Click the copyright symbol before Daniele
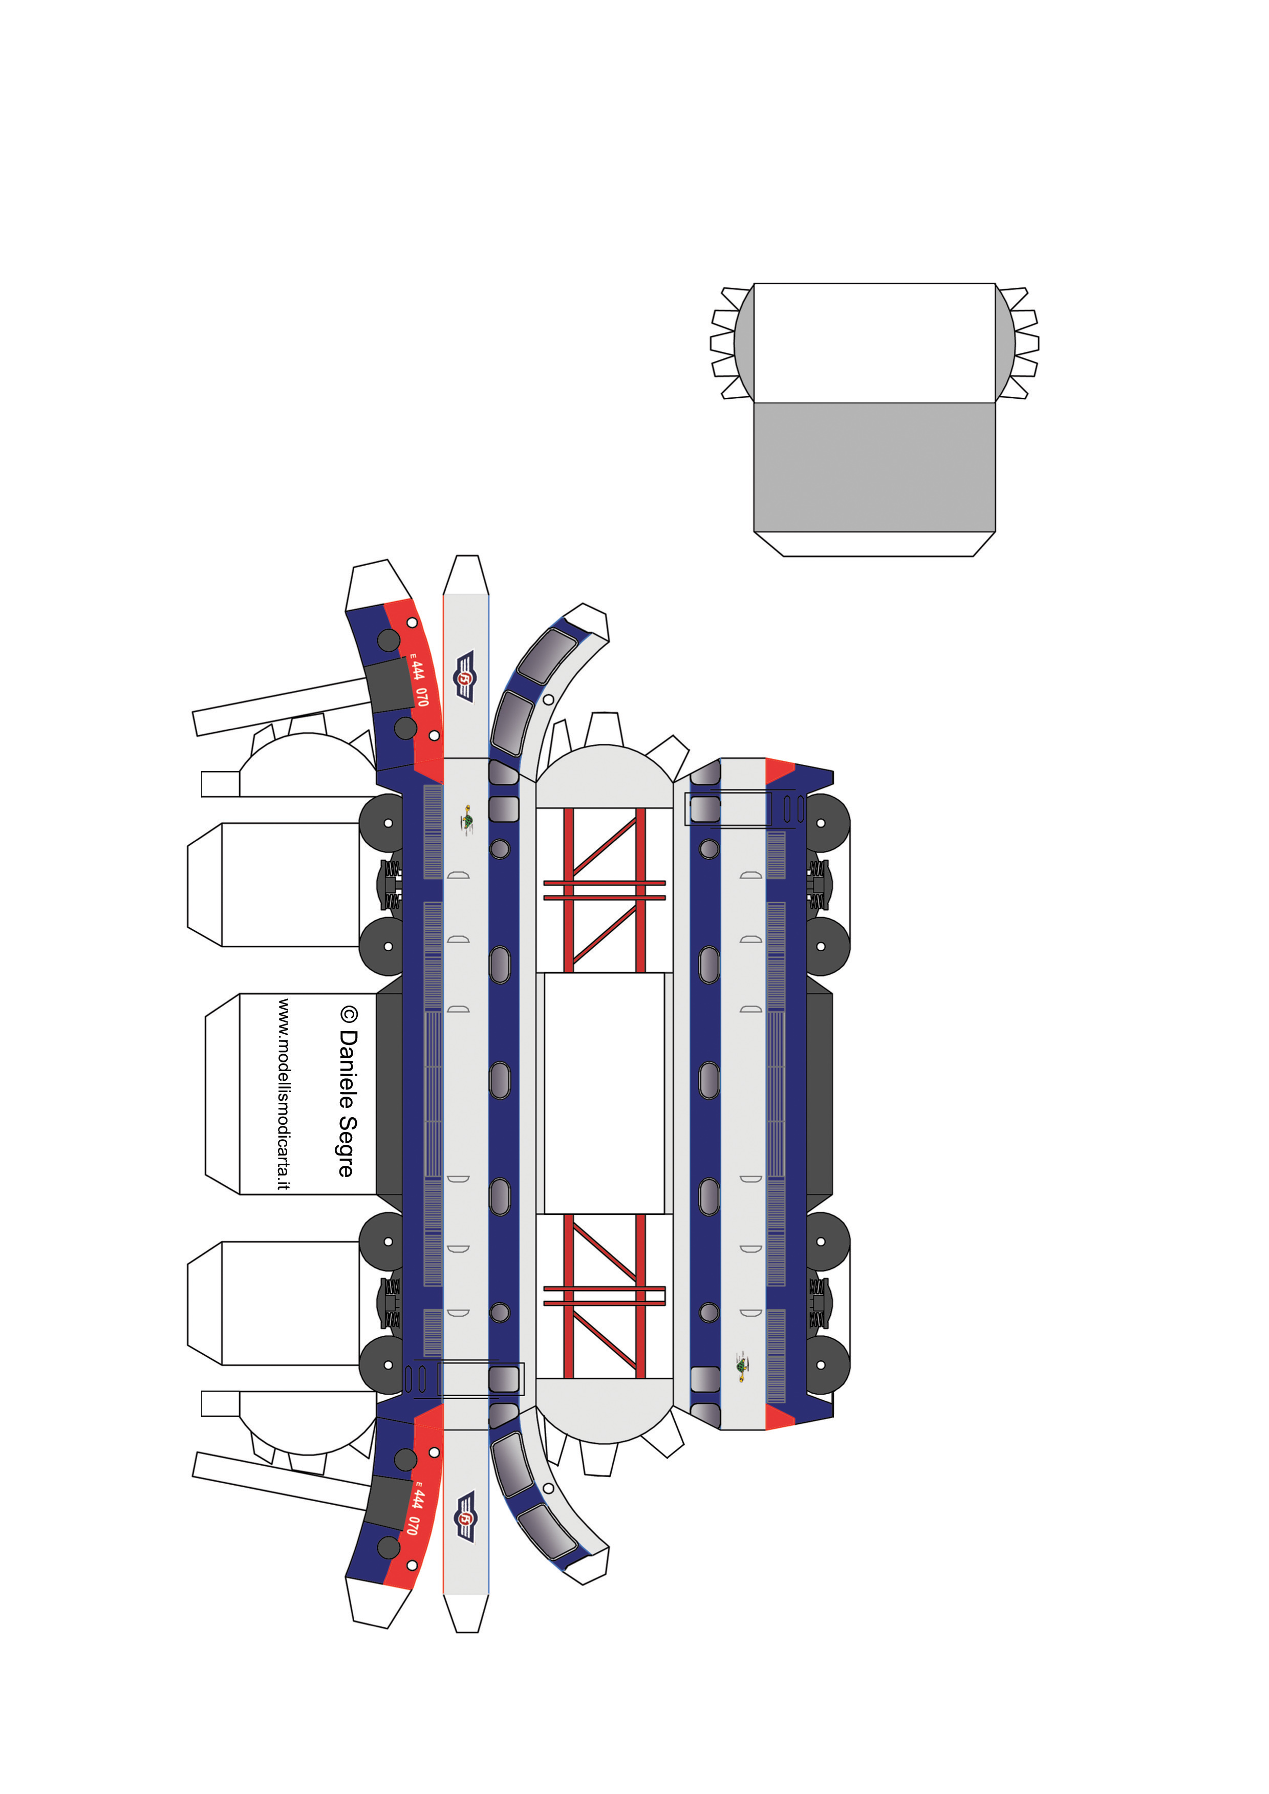point(349,1015)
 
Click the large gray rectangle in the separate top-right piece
point(874,467)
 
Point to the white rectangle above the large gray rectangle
point(874,343)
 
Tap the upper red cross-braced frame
point(604,890)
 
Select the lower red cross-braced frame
point(604,1296)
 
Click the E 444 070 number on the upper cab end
point(420,680)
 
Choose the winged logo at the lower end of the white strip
point(465,1517)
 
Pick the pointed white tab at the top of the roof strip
point(466,575)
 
